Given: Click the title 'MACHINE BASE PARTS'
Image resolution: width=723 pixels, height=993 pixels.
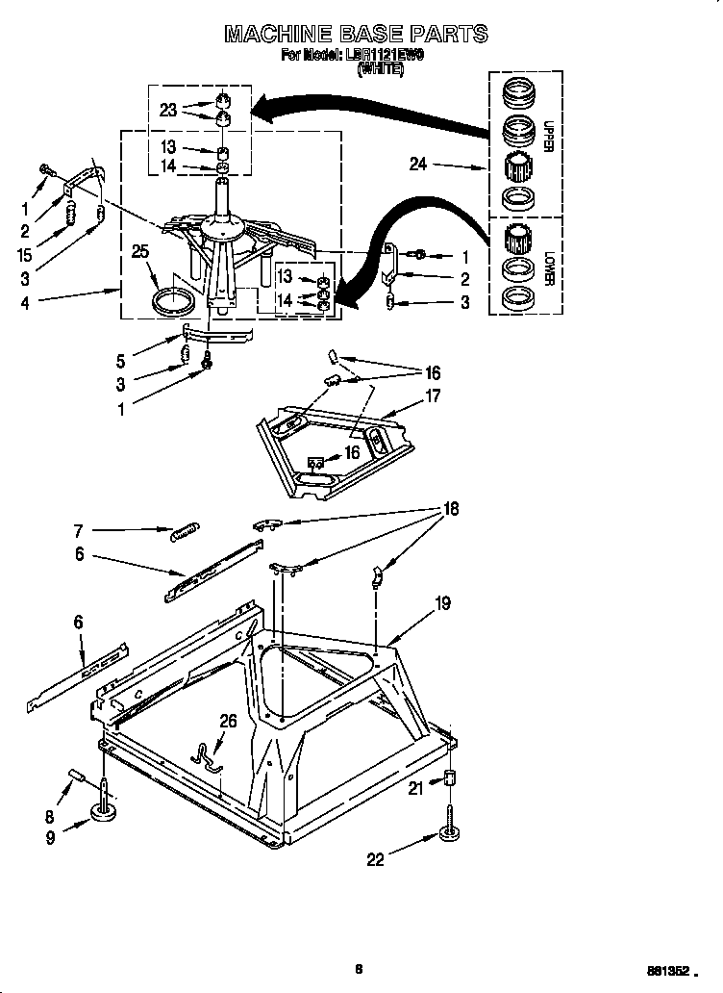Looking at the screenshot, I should [x=356, y=35].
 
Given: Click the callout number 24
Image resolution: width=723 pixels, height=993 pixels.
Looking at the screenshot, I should [x=417, y=165].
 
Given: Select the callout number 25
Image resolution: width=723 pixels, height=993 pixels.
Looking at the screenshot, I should [x=140, y=252].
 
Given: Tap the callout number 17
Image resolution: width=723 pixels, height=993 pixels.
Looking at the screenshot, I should [x=433, y=395].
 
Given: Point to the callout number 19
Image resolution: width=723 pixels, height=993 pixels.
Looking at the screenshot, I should [x=442, y=603].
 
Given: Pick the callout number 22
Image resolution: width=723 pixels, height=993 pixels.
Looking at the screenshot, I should [x=375, y=859].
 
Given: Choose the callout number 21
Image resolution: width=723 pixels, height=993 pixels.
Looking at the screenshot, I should [x=415, y=789].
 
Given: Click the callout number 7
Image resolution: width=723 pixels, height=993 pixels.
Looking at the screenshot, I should [x=79, y=529].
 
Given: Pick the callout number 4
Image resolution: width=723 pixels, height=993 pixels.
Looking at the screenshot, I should [x=26, y=302].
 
